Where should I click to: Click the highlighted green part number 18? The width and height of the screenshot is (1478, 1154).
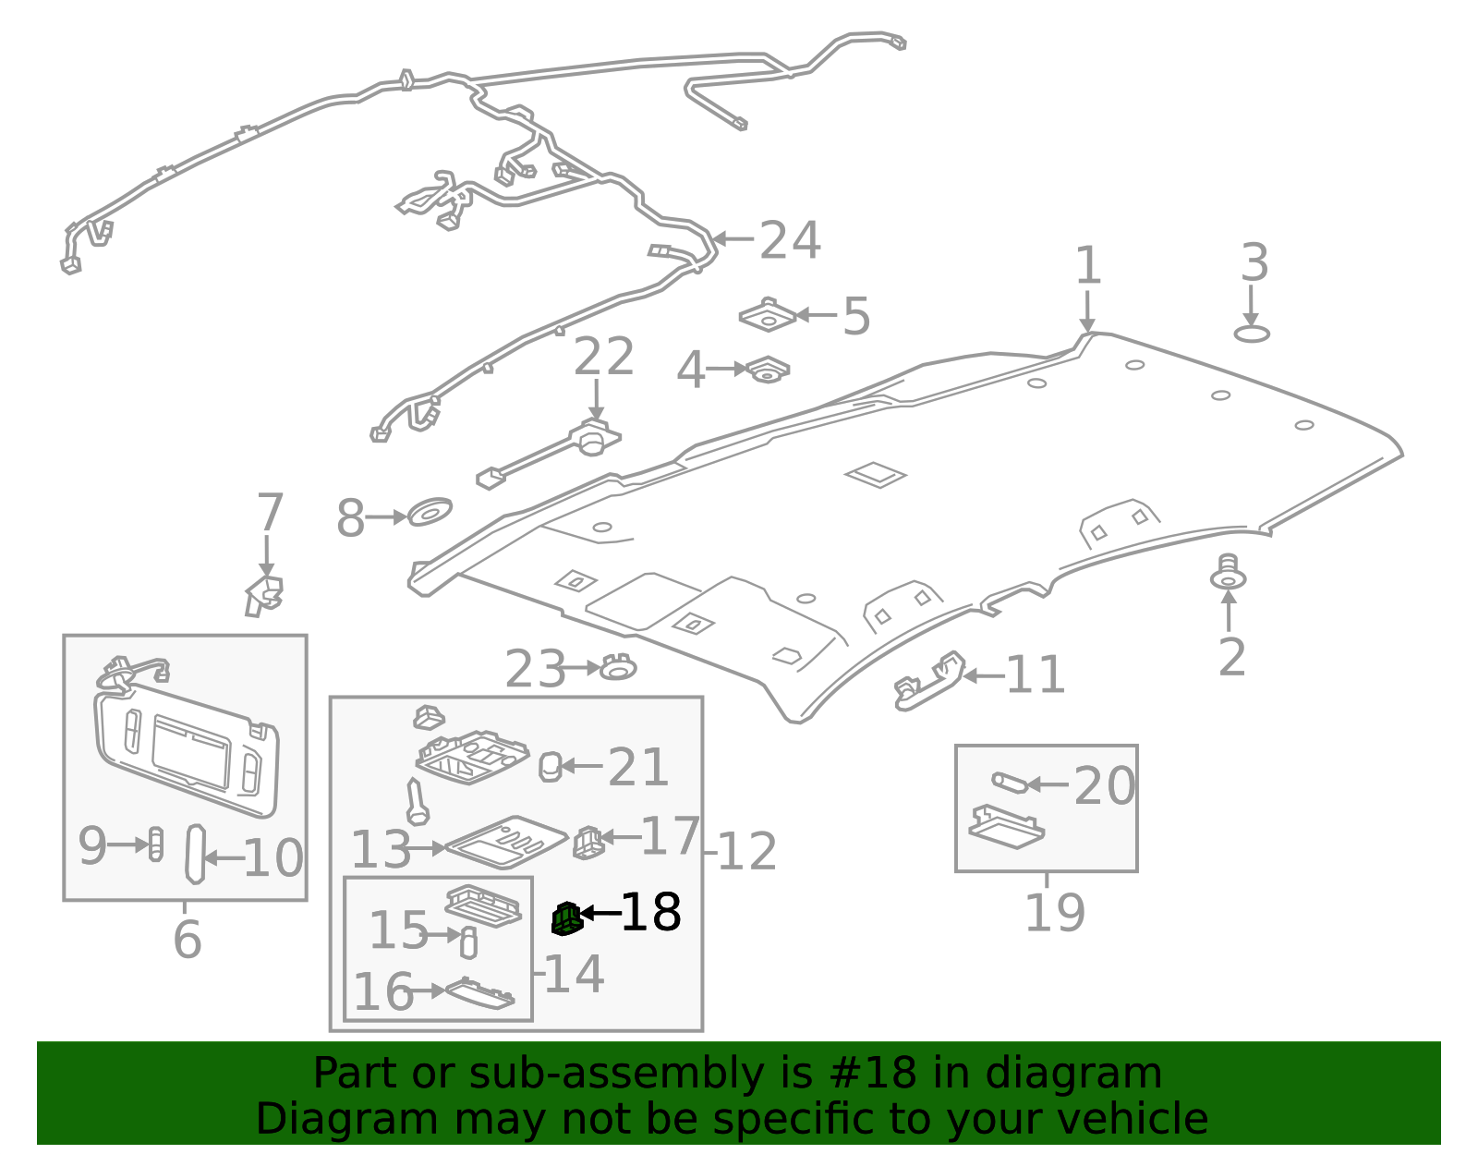click(566, 918)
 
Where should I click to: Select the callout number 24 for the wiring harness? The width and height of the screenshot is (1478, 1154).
click(789, 241)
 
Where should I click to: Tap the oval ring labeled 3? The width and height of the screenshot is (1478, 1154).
click(1252, 334)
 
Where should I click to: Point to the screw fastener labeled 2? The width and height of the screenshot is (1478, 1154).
click(1228, 574)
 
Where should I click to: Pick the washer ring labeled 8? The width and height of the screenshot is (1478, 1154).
click(430, 512)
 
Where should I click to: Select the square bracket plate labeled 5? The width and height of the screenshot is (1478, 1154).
click(768, 316)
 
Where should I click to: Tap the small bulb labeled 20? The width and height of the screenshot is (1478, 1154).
click(1009, 783)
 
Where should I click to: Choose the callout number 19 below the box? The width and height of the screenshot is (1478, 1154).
click(1055, 913)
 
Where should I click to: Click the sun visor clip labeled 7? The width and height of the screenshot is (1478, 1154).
click(264, 595)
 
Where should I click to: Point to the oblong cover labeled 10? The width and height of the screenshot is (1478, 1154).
click(195, 854)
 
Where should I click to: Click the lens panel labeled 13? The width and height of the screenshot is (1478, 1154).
click(505, 842)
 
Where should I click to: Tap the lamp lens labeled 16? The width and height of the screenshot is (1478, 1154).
click(479, 993)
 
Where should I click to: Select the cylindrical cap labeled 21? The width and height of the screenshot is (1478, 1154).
click(550, 766)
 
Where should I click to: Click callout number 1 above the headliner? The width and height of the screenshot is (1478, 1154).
click(1087, 266)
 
